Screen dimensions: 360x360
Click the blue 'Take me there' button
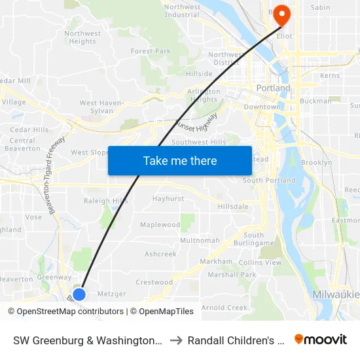click(x=180, y=160)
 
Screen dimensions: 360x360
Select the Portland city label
click(x=274, y=88)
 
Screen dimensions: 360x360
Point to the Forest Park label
click(x=151, y=51)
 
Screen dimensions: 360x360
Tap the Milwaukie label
click(x=336, y=295)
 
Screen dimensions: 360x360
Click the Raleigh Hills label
click(x=106, y=201)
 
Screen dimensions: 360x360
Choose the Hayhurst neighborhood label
click(x=168, y=198)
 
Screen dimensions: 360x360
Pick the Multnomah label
click(x=200, y=240)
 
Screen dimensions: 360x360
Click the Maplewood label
click(x=160, y=225)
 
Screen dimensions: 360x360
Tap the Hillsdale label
click(x=233, y=206)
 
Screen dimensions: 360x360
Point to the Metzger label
click(x=111, y=294)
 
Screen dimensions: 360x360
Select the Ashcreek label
click(x=160, y=254)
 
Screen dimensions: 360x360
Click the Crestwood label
click(x=154, y=283)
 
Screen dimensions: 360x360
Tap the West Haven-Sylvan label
click(x=101, y=107)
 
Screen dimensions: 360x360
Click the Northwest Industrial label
click(x=182, y=10)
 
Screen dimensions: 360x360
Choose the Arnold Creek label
click(x=225, y=308)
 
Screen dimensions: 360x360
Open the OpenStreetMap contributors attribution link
click(x=66, y=312)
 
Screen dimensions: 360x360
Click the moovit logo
click(x=321, y=340)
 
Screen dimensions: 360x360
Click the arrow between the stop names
click(x=176, y=340)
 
